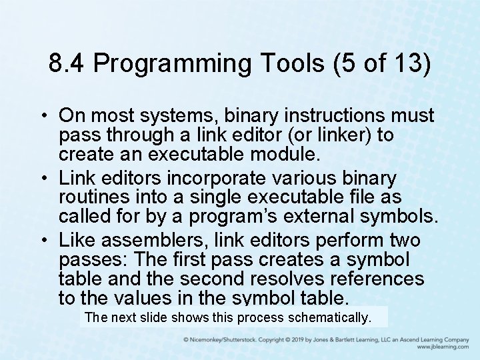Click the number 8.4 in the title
[x=67, y=64]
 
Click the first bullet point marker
[x=49, y=115]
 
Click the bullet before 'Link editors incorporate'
[x=49, y=179]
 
